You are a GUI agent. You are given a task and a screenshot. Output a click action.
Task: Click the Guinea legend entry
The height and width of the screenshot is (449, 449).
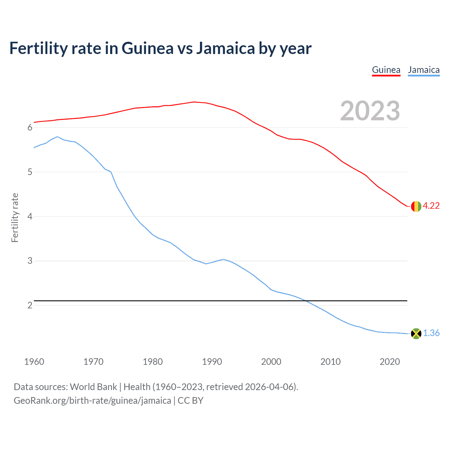point(386,70)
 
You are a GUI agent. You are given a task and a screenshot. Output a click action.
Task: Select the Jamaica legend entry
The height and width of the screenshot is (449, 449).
point(423,70)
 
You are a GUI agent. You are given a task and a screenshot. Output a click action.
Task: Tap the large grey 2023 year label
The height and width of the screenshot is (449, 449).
point(370,111)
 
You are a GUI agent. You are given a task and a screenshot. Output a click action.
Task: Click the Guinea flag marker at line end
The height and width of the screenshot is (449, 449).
point(416,206)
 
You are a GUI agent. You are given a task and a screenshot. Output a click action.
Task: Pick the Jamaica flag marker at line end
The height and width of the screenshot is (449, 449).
point(416,334)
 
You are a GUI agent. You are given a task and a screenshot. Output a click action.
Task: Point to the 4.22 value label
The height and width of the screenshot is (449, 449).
point(431,206)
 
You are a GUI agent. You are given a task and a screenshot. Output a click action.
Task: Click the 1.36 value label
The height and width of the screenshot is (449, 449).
point(431,333)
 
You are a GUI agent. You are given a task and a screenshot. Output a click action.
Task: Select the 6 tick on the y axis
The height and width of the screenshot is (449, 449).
point(30,128)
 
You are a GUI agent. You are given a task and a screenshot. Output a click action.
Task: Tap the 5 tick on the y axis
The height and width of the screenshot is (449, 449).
point(30,172)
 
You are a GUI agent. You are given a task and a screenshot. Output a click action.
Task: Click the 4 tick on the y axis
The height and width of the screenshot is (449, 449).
point(30,216)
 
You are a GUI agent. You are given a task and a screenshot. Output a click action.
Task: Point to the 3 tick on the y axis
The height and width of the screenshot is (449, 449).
point(30,261)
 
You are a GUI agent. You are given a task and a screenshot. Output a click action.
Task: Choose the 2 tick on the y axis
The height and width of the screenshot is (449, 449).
point(30,306)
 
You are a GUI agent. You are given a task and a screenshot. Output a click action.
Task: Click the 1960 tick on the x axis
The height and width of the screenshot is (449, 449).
point(34,362)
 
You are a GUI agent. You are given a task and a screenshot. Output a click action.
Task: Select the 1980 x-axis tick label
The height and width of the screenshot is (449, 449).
point(153,362)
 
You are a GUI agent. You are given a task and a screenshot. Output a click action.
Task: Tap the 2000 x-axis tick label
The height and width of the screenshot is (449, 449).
point(271,362)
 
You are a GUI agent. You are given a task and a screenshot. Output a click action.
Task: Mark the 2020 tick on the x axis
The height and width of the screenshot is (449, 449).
point(390,362)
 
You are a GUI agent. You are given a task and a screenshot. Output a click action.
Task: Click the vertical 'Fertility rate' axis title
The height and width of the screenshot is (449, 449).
point(15,217)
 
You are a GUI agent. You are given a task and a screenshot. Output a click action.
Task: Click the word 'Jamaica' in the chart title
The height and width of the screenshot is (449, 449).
point(225,48)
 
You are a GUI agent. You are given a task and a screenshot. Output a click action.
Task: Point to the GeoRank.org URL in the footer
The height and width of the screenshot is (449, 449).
point(92,401)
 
